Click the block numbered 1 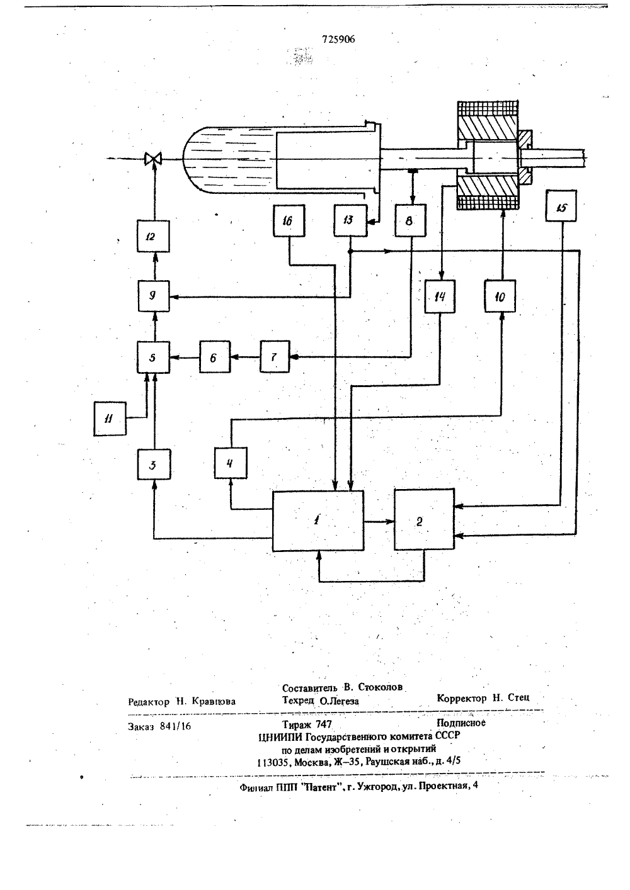click(x=318, y=521)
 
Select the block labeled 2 click(x=425, y=519)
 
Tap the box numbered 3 click(x=154, y=465)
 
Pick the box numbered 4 click(x=231, y=463)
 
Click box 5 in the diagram click(x=153, y=357)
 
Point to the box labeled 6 click(x=215, y=357)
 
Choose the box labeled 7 click(x=275, y=356)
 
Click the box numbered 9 click(x=154, y=296)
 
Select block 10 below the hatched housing click(x=500, y=296)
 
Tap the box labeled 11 click(x=110, y=419)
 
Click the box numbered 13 click(x=350, y=220)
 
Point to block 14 click(x=440, y=296)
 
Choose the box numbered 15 click(x=561, y=206)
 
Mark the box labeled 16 click(x=289, y=220)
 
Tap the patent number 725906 click(x=338, y=39)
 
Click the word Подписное click(x=461, y=723)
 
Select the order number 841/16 click(x=175, y=726)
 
